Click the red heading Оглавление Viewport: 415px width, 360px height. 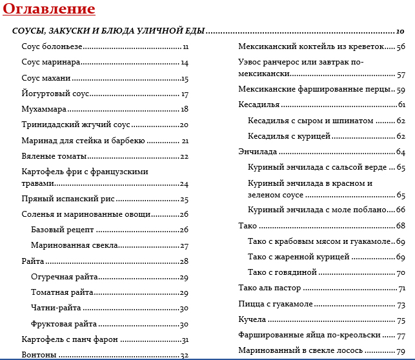coord(48,9)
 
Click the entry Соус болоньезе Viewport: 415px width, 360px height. coord(52,46)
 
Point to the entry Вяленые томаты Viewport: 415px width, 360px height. coord(54,156)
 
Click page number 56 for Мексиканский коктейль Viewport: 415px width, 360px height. coord(401,46)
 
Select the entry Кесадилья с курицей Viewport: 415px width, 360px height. coord(289,136)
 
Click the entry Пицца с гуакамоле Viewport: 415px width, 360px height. coord(276,304)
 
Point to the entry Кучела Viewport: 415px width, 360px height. coord(252,320)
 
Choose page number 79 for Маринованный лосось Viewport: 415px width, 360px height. coord(401,351)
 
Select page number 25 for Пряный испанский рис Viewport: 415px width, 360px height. coord(184,199)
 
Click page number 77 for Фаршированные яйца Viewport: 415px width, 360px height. coord(401,335)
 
